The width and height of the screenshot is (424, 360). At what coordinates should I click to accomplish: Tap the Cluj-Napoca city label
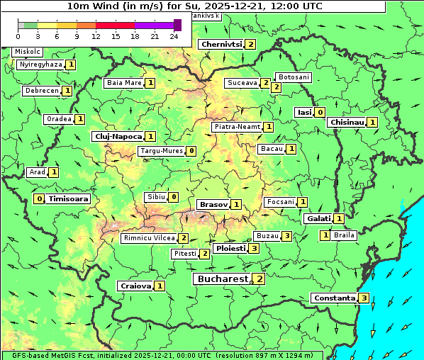tap(118, 136)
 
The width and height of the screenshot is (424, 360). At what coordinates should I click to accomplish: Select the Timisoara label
tap(69, 199)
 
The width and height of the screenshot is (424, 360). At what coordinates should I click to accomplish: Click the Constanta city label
tap(334, 298)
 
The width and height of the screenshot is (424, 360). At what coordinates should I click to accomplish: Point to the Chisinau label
tap(347, 122)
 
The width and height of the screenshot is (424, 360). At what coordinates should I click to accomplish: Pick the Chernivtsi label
tap(221, 44)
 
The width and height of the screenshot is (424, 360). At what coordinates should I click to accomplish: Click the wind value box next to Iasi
tap(320, 112)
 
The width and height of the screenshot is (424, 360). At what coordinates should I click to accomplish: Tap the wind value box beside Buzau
tap(286, 235)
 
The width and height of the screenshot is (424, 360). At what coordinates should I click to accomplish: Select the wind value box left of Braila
tap(325, 235)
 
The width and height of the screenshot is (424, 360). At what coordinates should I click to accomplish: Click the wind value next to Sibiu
tap(174, 196)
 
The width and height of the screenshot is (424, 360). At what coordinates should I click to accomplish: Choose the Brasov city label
tap(213, 204)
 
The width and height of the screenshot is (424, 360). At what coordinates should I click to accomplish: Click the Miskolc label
tap(28, 52)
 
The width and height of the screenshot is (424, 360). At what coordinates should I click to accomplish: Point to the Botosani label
tap(294, 77)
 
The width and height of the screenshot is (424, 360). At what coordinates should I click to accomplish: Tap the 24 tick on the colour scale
tap(174, 35)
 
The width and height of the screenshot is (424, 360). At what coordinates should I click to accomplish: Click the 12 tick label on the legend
tap(95, 35)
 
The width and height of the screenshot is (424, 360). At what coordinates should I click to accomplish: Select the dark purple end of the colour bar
tap(177, 25)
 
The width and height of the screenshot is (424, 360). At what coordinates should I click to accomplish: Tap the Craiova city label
tap(135, 286)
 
